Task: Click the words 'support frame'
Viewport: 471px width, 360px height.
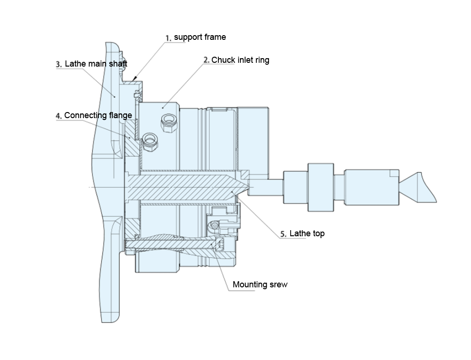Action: pyautogui.click(x=200, y=37)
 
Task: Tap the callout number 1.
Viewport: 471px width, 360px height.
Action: pyautogui.click(x=168, y=38)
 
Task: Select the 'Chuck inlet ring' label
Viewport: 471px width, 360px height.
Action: pyautogui.click(x=240, y=60)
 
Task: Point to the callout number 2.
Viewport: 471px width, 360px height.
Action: pyautogui.click(x=206, y=60)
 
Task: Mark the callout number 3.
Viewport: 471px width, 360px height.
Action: pyautogui.click(x=59, y=64)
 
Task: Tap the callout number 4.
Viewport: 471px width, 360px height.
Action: pyautogui.click(x=59, y=115)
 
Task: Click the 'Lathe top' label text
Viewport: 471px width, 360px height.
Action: pyautogui.click(x=307, y=233)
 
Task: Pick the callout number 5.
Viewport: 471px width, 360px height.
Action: pyautogui.click(x=284, y=233)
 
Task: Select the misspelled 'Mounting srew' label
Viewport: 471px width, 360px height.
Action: pyautogui.click(x=260, y=285)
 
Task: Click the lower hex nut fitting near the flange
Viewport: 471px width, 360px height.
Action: pyautogui.click(x=150, y=139)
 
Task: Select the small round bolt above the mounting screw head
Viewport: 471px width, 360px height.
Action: pyautogui.click(x=215, y=226)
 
